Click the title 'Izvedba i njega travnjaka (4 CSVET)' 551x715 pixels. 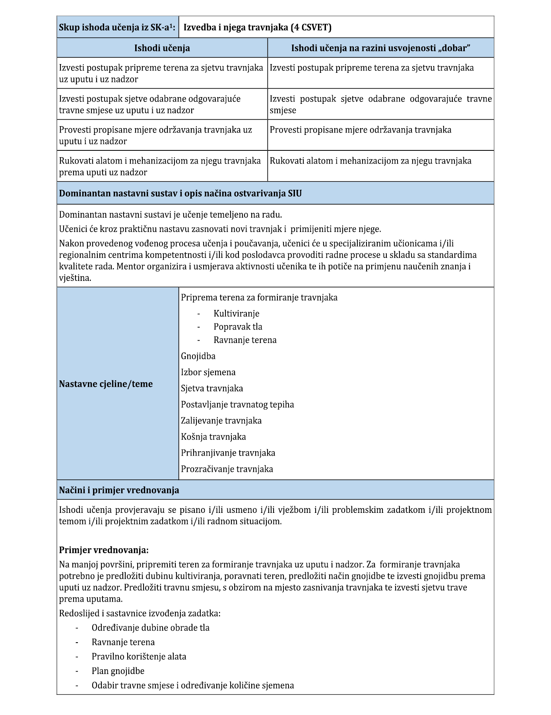257,27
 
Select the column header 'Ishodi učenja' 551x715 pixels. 162,48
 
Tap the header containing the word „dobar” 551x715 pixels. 380,48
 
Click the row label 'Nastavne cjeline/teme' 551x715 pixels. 106,384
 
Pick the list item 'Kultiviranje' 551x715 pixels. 236,314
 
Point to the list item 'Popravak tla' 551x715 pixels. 238,327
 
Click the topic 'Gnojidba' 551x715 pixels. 198,356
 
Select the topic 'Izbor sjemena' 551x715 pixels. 208,372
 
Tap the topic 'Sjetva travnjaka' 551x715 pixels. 212,388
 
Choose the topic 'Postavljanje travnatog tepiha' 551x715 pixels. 237,405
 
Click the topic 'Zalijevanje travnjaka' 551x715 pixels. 221,421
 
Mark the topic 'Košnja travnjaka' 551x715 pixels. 213,437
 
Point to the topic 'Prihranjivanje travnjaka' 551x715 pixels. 228,453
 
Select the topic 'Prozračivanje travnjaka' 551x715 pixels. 227,469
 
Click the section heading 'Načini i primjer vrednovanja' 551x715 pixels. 119,490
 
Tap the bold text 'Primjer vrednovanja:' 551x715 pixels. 104,550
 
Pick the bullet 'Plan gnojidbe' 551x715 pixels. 118,671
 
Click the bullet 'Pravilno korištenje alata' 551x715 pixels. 139,657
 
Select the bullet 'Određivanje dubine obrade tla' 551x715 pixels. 150,628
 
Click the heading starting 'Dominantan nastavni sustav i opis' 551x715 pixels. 180,194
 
